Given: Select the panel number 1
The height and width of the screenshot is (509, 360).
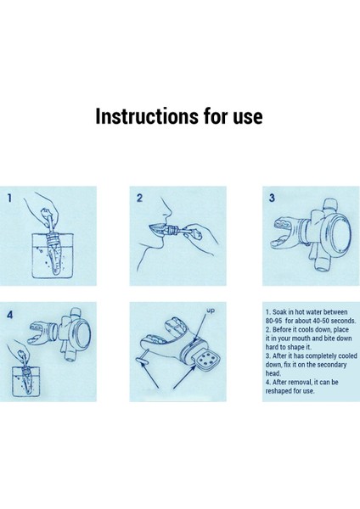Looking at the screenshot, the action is (9, 198).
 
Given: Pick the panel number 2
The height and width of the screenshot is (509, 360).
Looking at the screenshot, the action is (139, 198).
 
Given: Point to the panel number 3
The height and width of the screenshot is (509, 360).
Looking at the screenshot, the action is (272, 198).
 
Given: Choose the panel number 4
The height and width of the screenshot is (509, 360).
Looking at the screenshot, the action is (9, 315).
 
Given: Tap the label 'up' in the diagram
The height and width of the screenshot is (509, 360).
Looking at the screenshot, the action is (211, 310).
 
